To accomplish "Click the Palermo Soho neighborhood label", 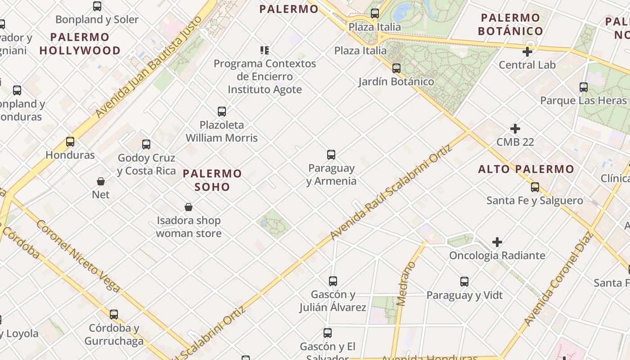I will pos(212,180).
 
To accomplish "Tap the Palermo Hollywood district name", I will pos(80,44).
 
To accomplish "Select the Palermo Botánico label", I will pos(510,24).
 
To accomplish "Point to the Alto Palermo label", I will pos(526,169).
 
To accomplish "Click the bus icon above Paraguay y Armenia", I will pos(331,155).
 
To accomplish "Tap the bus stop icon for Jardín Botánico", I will pos(396,68).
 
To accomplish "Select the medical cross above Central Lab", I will pos(527,52).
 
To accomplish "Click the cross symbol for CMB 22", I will pos(515,129).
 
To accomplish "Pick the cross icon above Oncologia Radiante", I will pos(497,243).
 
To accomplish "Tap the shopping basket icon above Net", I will pos(101,181).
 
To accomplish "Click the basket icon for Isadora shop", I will pos(189,207).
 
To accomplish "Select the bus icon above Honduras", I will pos(70,142).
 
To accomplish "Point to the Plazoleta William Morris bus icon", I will pos(222,112).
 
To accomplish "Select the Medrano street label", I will pos(406,283).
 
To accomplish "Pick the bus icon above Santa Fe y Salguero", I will pos(535,187).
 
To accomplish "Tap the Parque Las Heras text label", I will pos(583,100).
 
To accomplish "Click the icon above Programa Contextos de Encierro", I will pos(265,50).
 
